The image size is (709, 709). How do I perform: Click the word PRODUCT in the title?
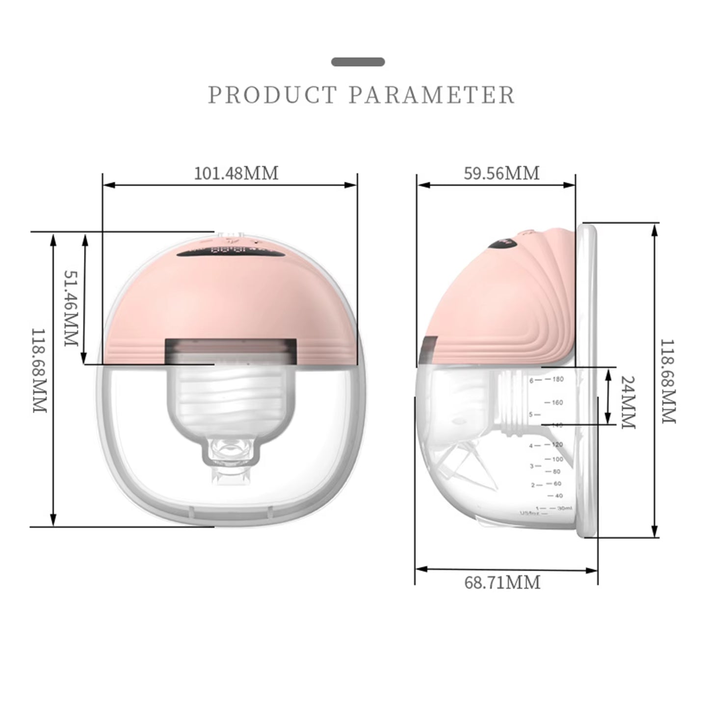[272, 95]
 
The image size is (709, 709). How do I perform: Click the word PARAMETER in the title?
[432, 95]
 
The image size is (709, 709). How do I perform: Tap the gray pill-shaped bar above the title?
[358, 62]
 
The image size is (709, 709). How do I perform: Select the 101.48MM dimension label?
[236, 173]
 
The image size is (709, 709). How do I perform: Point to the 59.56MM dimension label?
[501, 173]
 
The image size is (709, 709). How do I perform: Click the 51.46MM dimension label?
[72, 308]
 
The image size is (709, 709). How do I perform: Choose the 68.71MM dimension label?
[502, 582]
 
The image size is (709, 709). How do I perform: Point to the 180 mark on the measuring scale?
[558, 379]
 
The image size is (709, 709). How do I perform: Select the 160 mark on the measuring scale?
[557, 403]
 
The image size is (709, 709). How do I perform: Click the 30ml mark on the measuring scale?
[564, 508]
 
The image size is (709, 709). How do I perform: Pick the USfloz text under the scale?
[529, 513]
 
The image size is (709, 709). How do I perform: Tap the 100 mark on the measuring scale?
[557, 459]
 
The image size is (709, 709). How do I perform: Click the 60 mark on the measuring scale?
[557, 484]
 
